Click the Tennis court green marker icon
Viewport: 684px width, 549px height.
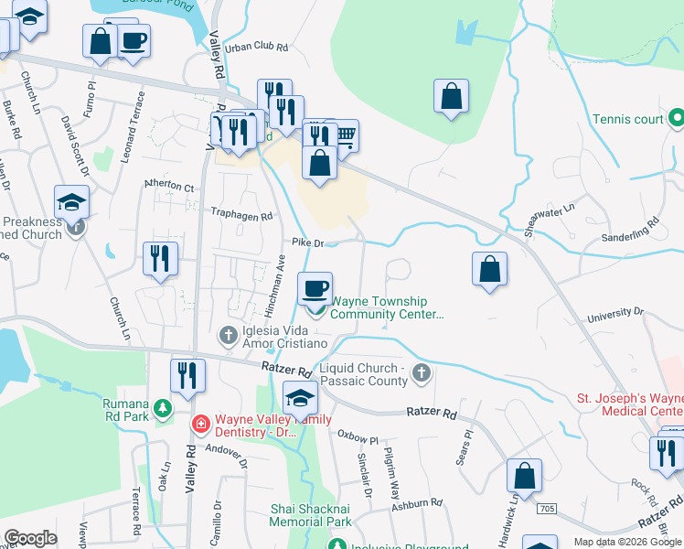pyautogui.click(x=676, y=118)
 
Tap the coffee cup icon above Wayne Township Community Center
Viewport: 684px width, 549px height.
pyautogui.click(x=315, y=288)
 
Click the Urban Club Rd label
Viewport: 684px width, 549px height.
pyautogui.click(x=257, y=47)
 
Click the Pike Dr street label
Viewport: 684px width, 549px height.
pyautogui.click(x=308, y=243)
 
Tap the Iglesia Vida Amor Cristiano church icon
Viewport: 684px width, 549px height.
pyautogui.click(x=228, y=337)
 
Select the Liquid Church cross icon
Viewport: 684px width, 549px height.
pyautogui.click(x=421, y=372)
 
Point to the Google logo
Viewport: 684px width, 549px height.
pyautogui.click(x=30, y=538)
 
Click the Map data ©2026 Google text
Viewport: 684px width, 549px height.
pyautogui.click(x=627, y=542)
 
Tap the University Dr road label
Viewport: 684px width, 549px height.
pyautogui.click(x=615, y=313)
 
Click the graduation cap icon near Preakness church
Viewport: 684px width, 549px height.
pyautogui.click(x=72, y=201)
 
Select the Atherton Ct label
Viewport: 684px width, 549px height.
pyautogui.click(x=169, y=187)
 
